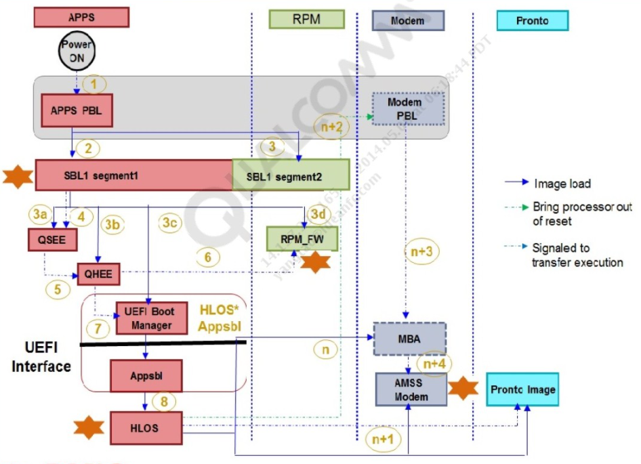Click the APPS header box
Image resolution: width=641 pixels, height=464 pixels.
click(x=81, y=18)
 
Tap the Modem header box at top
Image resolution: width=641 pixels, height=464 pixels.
click(x=408, y=20)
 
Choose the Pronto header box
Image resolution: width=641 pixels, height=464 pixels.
click(x=532, y=20)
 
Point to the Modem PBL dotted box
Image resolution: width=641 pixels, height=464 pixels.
click(x=405, y=108)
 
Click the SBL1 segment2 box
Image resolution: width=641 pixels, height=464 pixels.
click(x=291, y=175)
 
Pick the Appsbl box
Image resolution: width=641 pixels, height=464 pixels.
click(x=145, y=373)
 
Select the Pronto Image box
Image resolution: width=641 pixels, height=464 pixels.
click(x=522, y=389)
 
